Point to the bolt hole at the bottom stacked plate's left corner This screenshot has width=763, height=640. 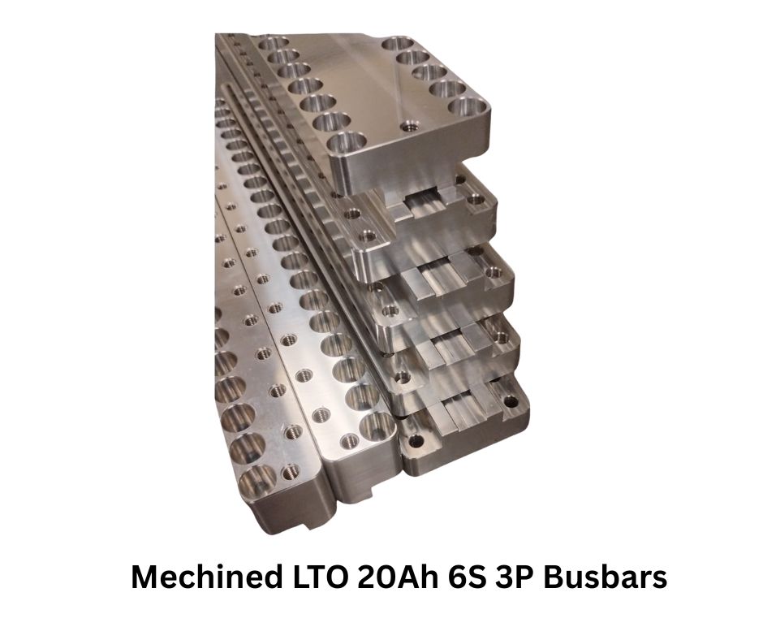[416, 442]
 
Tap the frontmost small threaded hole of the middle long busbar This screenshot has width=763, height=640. [351, 441]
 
